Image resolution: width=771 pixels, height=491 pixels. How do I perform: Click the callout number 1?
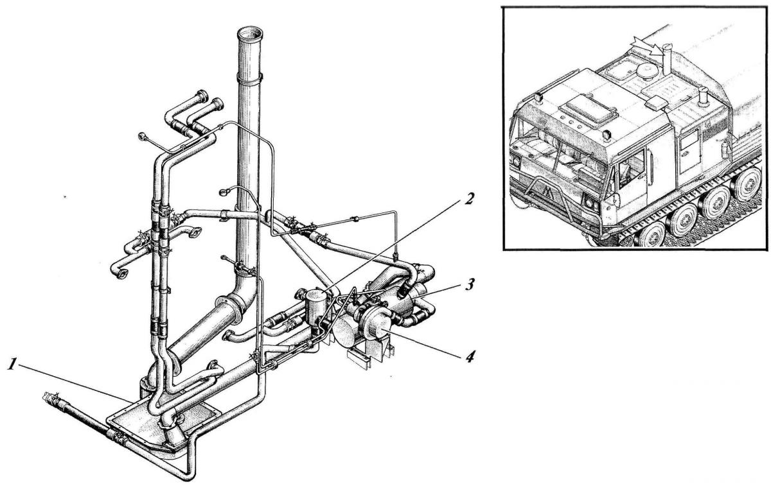pos(12,365)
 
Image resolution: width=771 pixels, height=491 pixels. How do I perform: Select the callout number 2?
pos(469,199)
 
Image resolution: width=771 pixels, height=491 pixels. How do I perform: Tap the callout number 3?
pos(470,284)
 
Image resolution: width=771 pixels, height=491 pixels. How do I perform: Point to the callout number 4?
pos(470,357)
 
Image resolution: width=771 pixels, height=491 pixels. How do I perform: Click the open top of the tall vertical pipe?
pos(251,33)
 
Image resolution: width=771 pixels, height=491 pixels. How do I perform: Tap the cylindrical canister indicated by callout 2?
pos(316,304)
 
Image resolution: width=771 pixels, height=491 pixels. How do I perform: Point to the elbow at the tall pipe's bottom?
pos(241,297)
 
